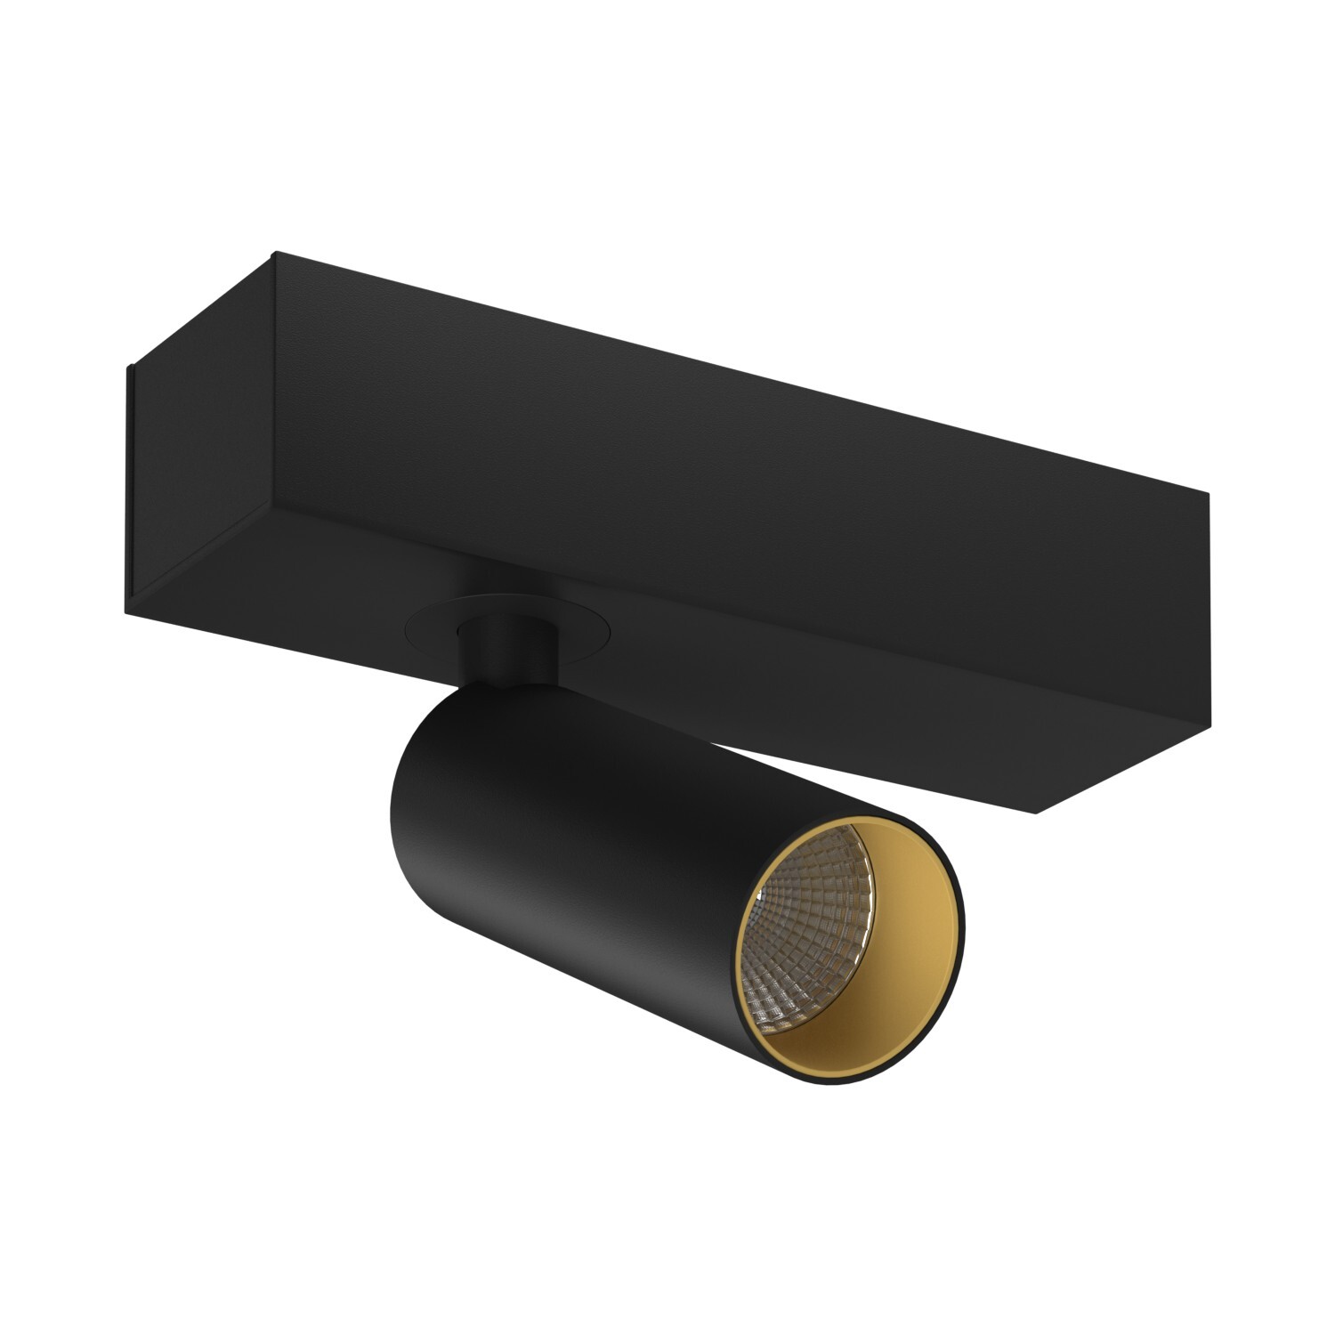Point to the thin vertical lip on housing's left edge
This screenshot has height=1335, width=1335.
tap(129, 481)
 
